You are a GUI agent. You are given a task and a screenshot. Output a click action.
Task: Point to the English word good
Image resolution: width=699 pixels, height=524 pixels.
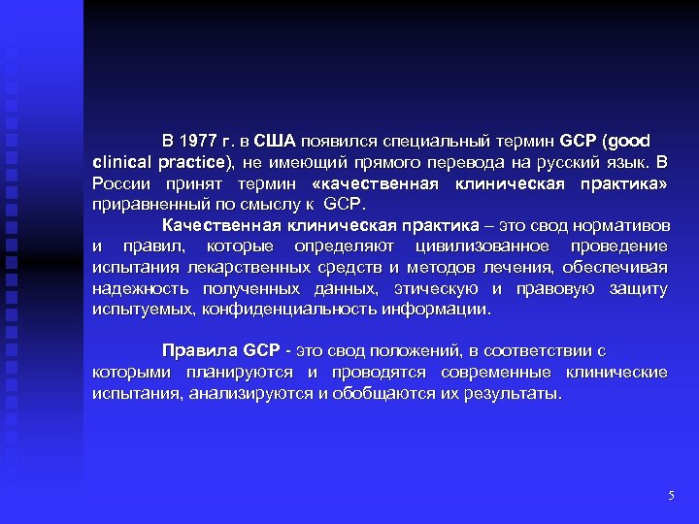pyautogui.click(x=629, y=139)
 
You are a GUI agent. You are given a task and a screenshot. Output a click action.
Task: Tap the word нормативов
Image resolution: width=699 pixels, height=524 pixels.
pyautogui.click(x=622, y=226)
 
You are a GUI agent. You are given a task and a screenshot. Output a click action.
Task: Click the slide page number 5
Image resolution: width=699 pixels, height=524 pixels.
pyautogui.click(x=671, y=497)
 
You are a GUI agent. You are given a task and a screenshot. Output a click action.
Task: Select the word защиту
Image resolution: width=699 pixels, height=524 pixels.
pyautogui.click(x=639, y=289)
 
